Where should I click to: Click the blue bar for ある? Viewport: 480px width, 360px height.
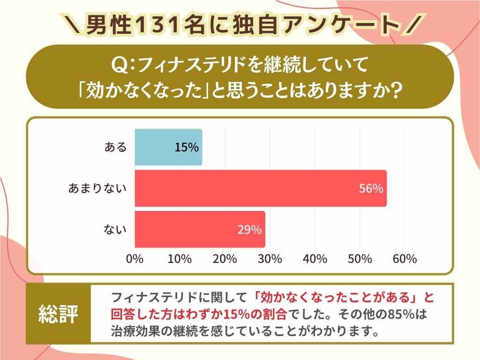(168, 147)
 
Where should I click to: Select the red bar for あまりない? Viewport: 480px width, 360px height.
(261, 188)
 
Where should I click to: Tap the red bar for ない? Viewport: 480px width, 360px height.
(200, 229)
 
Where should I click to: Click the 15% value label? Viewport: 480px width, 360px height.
(187, 147)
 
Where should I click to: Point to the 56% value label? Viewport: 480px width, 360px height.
(371, 188)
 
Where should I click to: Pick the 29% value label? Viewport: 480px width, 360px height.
(249, 230)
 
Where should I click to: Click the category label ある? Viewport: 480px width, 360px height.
(115, 147)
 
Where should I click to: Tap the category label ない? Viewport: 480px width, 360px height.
(115, 230)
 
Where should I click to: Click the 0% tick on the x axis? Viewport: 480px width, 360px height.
(135, 259)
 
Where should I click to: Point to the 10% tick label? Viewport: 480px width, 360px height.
(180, 259)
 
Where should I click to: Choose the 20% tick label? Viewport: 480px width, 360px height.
(225, 259)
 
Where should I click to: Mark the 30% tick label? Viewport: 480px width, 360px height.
(270, 259)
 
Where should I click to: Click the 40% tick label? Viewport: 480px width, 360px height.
(315, 259)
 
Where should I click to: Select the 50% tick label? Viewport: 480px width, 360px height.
(360, 259)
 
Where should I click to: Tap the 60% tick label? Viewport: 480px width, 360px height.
(405, 259)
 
